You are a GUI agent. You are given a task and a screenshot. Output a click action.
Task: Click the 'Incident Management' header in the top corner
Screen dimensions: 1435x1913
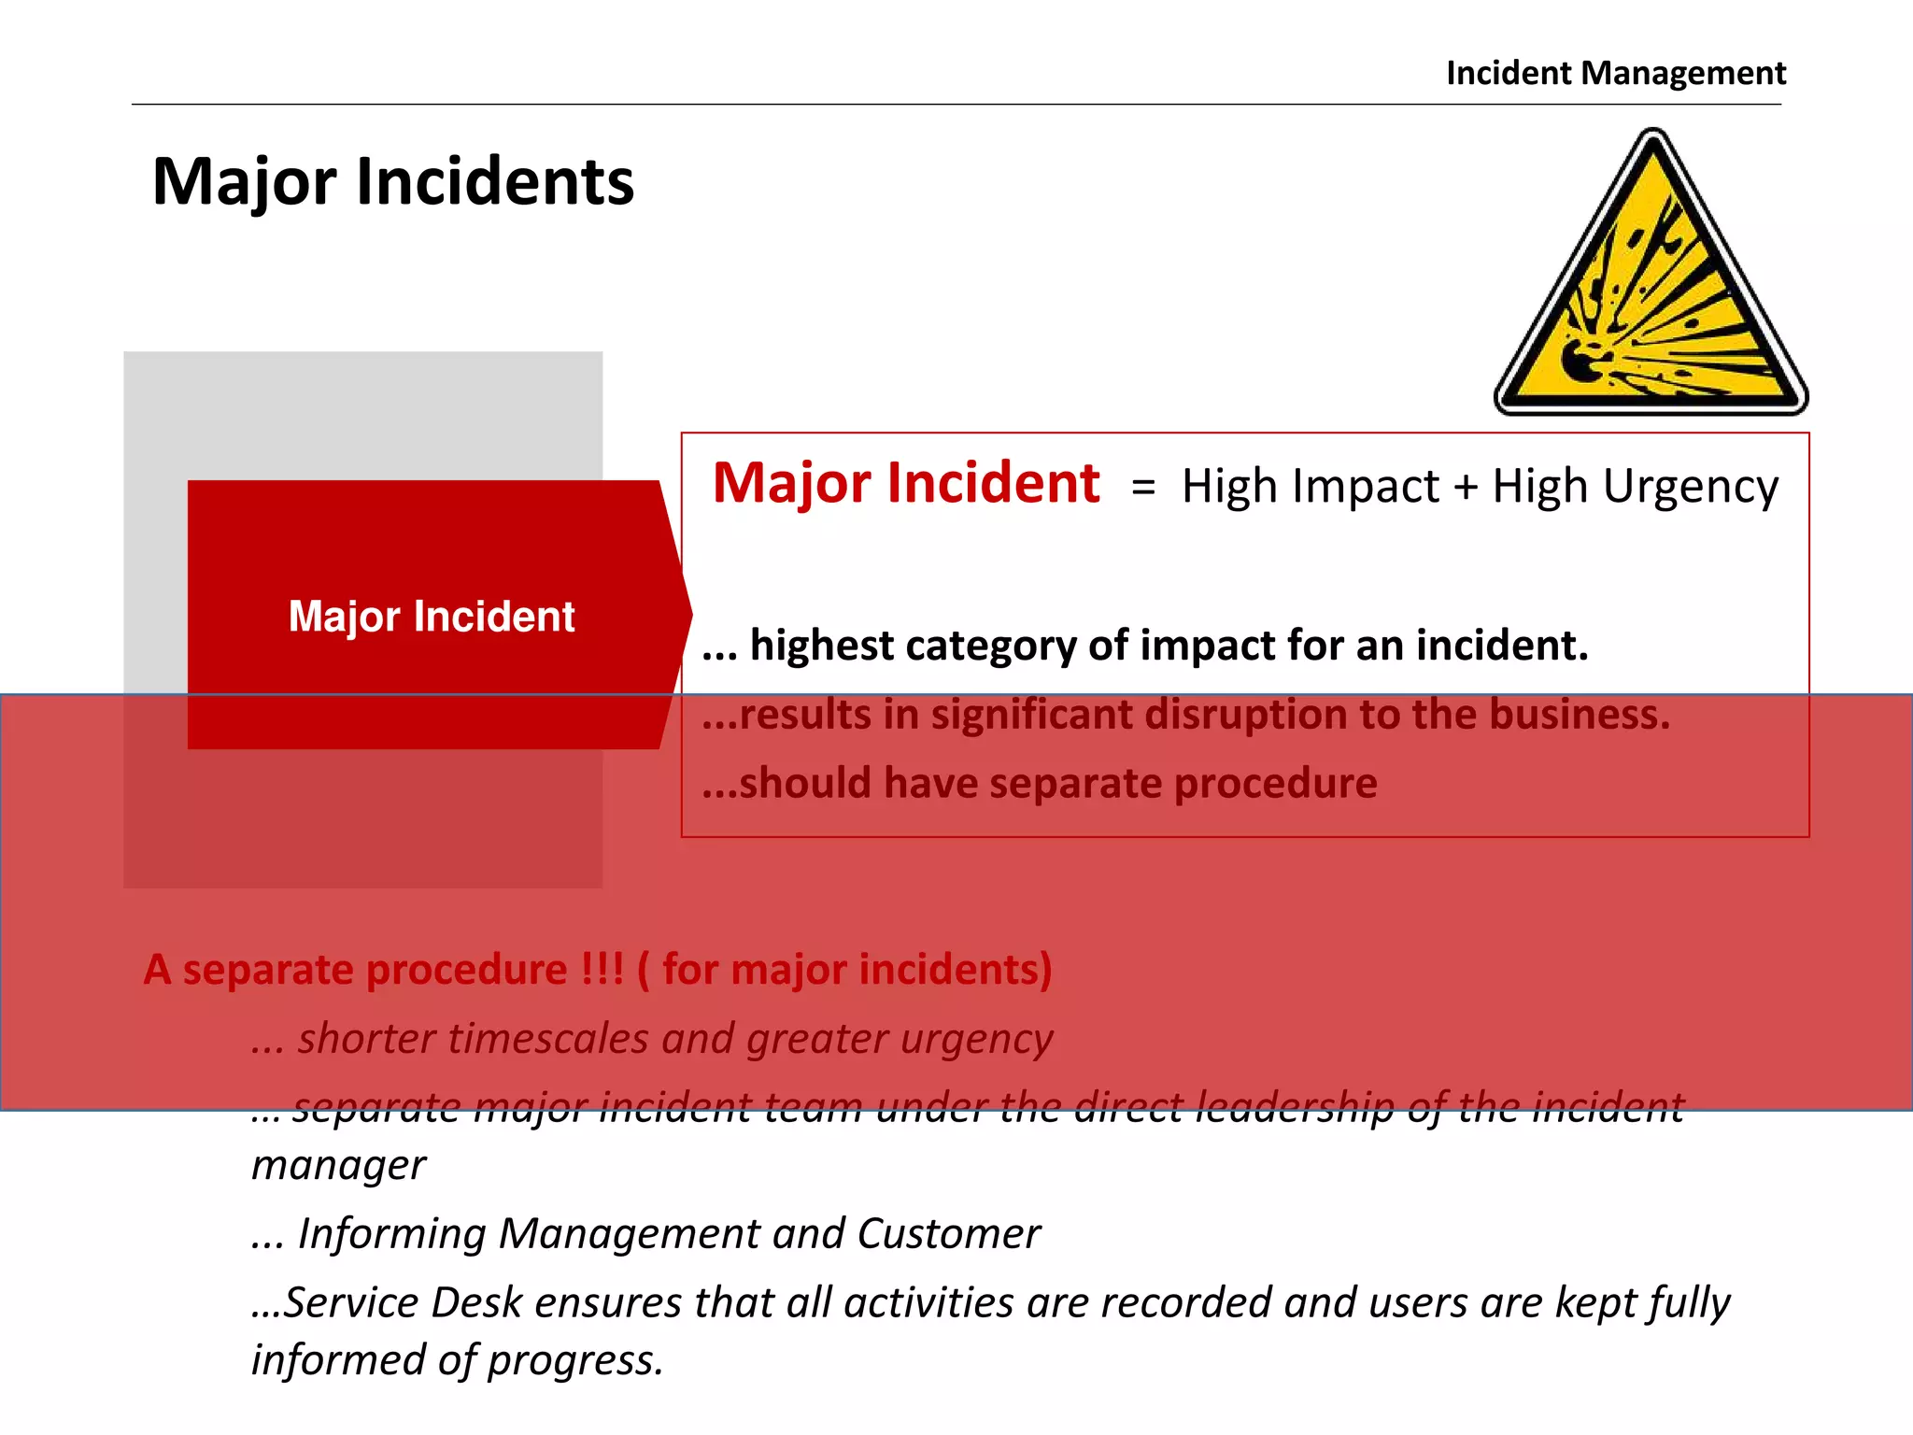click(1615, 73)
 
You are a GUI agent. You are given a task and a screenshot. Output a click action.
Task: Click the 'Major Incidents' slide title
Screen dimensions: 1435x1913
click(392, 181)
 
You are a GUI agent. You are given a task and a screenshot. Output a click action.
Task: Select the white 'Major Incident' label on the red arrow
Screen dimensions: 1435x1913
click(432, 617)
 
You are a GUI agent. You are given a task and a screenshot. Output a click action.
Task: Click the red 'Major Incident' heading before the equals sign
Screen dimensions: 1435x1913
click(905, 484)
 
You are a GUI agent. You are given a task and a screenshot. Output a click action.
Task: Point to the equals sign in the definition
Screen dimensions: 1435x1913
click(1143, 488)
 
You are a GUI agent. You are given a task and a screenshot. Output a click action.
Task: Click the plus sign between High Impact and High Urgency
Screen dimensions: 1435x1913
click(1466, 488)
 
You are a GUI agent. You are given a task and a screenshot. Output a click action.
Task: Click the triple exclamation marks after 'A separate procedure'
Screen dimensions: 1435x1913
click(602, 969)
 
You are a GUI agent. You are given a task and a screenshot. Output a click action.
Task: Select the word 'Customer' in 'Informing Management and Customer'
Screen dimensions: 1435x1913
click(948, 1234)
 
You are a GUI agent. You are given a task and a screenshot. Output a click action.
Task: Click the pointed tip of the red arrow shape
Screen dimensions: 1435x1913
click(689, 614)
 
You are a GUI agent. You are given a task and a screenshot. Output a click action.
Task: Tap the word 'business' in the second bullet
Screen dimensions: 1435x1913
click(1578, 715)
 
